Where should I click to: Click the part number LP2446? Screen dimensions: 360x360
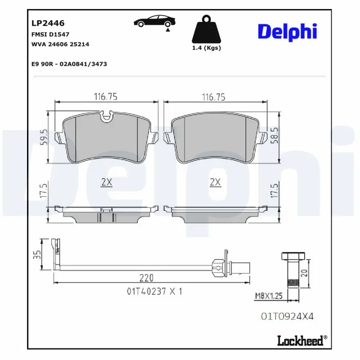coord(48,23)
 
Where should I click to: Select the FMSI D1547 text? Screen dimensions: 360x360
coord(50,34)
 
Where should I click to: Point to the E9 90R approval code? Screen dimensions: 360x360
coord(69,64)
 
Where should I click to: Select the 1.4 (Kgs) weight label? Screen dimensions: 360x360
coord(207,48)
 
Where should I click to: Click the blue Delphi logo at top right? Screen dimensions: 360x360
coord(287,31)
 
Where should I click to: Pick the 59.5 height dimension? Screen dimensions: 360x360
coord(43,137)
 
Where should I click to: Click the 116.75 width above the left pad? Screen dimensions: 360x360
coord(105,97)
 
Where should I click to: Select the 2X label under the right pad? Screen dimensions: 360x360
coord(216,182)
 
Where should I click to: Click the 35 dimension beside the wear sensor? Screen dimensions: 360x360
coord(39,255)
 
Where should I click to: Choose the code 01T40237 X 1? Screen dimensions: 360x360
coord(154,291)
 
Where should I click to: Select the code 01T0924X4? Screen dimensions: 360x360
coord(287,316)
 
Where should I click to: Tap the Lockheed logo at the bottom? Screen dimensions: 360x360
coord(300,341)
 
